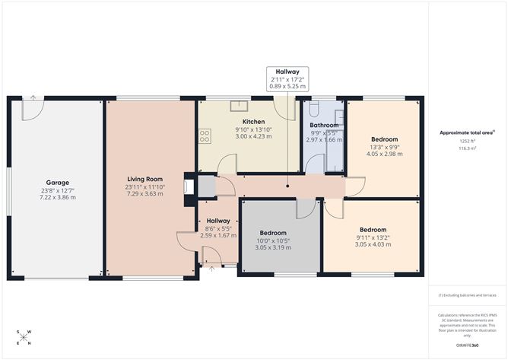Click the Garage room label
click(x=58, y=183)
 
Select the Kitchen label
click(x=253, y=122)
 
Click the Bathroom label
click(x=323, y=125)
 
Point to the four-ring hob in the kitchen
click(x=205, y=136)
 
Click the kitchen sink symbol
click(x=237, y=107)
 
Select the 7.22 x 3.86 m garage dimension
click(x=58, y=197)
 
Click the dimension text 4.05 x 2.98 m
click(x=383, y=154)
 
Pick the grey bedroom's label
click(x=272, y=232)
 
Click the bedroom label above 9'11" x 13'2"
click(x=373, y=230)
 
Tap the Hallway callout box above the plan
click(x=287, y=78)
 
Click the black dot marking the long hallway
click(x=287, y=185)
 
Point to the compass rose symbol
click(x=25, y=336)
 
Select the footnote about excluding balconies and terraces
click(x=466, y=295)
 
